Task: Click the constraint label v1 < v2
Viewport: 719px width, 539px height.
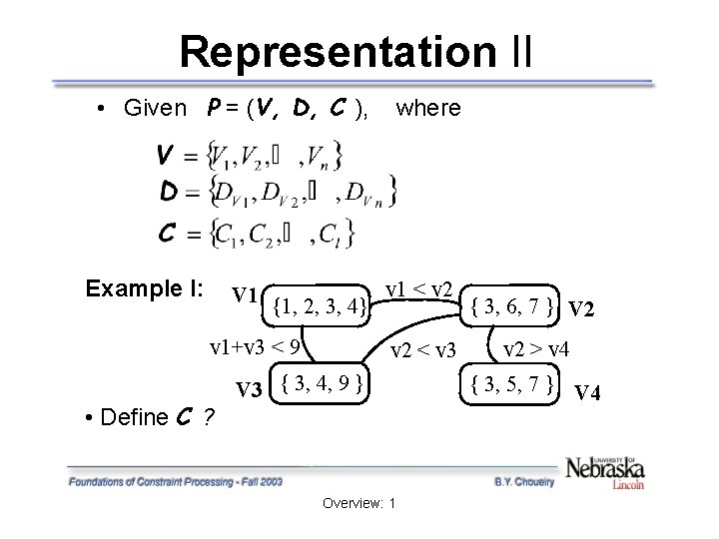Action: coord(420,289)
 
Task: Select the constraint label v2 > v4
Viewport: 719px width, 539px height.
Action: coord(536,349)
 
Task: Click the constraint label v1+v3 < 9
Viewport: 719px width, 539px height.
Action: coord(256,348)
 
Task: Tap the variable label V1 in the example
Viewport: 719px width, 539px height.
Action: coord(248,294)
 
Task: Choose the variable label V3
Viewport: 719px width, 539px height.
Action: coord(251,389)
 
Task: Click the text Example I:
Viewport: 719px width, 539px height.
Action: coord(145,289)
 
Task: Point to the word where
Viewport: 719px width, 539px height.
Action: coord(428,108)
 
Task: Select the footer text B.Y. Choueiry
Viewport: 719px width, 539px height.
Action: coord(524,481)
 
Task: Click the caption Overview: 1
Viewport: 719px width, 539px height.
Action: coord(359,502)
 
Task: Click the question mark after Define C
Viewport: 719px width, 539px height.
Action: coord(208,417)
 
